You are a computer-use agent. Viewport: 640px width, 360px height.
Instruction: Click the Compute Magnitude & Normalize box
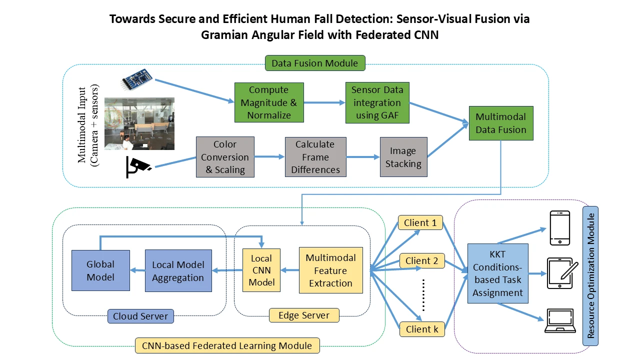click(269, 102)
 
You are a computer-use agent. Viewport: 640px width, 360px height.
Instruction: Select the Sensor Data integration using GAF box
click(376, 102)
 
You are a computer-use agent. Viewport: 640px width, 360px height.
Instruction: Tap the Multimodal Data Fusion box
click(500, 123)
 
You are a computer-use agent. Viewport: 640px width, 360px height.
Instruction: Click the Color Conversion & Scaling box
click(225, 157)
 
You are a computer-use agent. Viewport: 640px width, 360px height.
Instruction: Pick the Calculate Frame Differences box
click(315, 157)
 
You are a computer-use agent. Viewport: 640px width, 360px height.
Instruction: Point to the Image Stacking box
click(403, 157)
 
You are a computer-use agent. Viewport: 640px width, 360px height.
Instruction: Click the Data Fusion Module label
click(314, 63)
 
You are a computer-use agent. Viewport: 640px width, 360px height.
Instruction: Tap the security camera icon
click(138, 167)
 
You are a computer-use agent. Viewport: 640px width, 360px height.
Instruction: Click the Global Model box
click(100, 270)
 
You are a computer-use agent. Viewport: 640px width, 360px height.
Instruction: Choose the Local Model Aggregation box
click(178, 270)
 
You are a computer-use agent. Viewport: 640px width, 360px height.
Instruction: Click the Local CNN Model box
click(261, 270)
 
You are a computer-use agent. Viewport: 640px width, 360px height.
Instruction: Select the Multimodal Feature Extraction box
click(330, 270)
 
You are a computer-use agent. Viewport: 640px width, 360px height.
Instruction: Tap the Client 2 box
click(421, 260)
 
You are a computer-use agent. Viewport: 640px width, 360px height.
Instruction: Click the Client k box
click(421, 329)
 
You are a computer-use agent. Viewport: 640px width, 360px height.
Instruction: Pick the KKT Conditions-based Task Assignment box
click(497, 273)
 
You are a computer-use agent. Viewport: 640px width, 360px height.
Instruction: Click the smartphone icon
click(559, 228)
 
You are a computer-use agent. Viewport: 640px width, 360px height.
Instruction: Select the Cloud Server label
click(140, 316)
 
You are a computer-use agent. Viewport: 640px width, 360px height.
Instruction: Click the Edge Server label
click(304, 315)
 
